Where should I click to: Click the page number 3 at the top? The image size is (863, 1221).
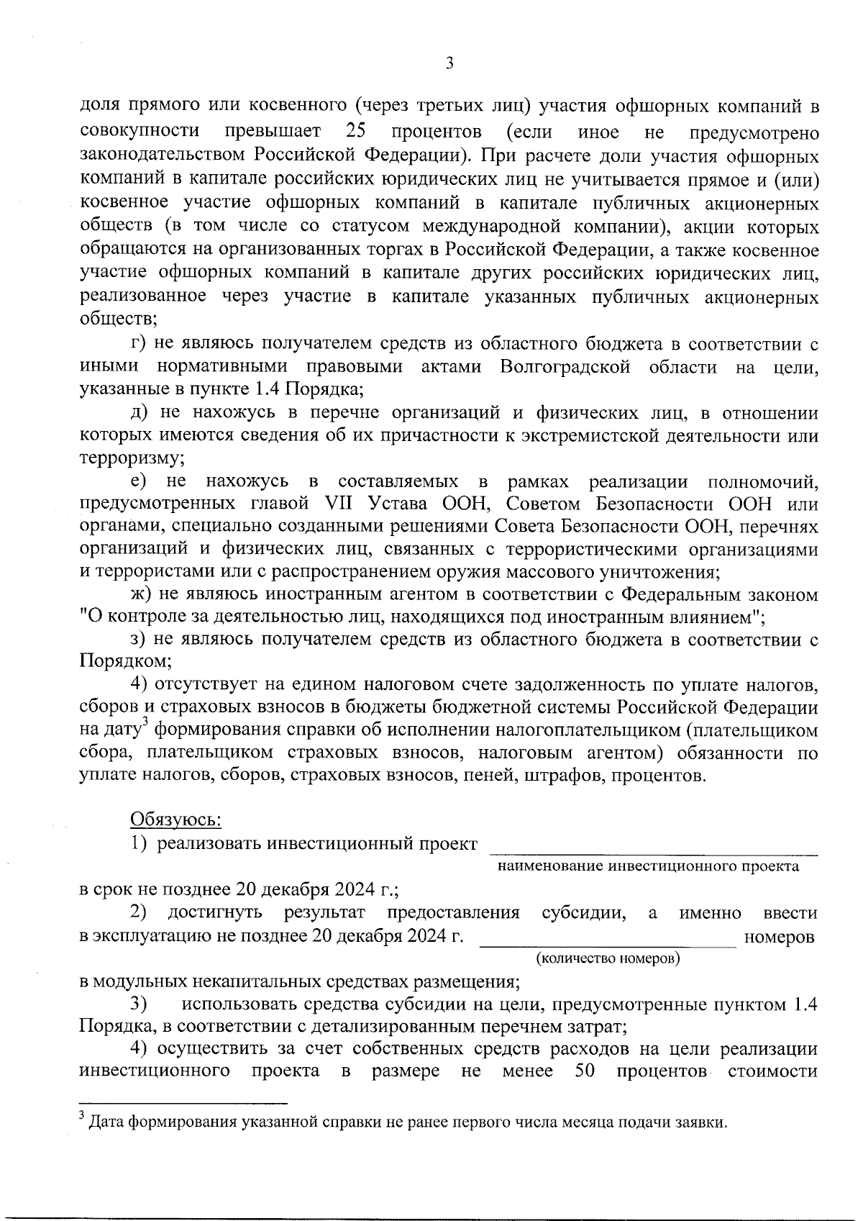(449, 63)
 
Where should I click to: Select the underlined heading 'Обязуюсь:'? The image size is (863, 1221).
(175, 819)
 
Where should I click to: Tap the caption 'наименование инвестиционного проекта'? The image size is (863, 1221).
(648, 866)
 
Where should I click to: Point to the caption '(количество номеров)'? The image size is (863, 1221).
(608, 960)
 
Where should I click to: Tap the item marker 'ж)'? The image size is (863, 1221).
(137, 595)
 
